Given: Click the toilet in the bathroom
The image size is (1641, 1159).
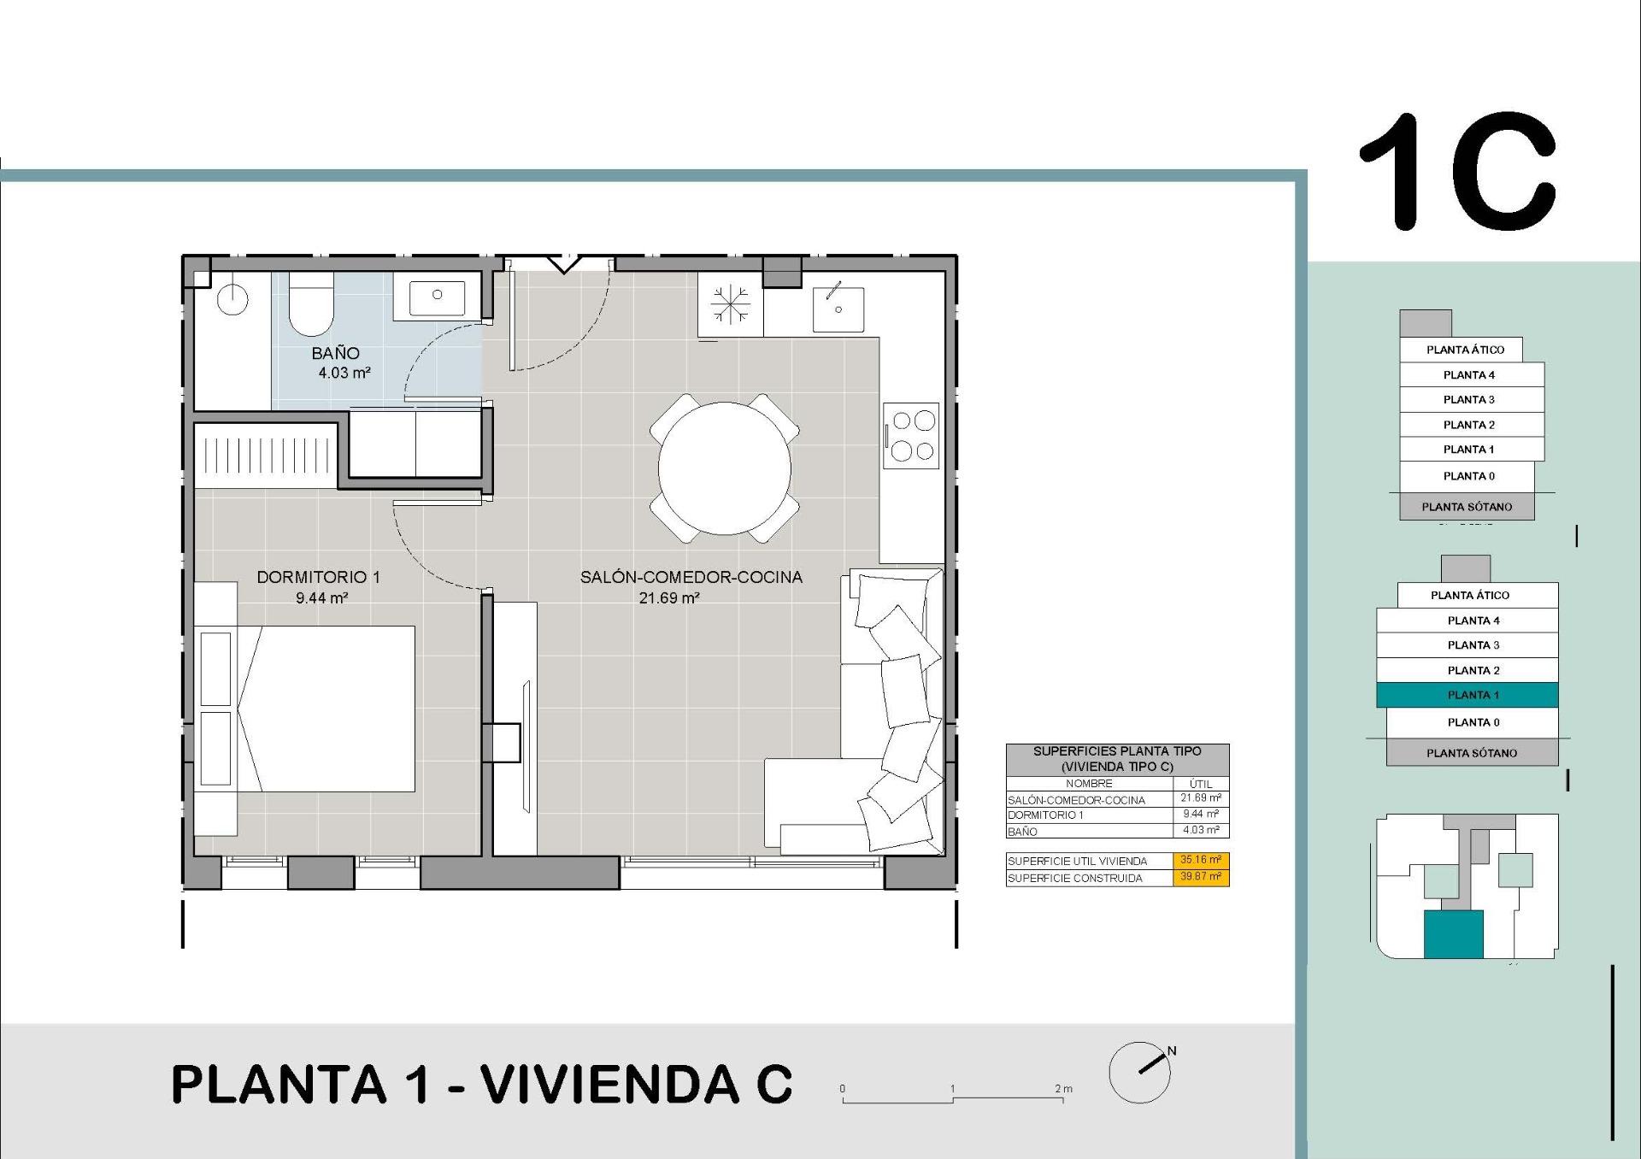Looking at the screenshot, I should click(310, 306).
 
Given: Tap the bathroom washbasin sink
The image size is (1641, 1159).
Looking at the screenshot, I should click(437, 296).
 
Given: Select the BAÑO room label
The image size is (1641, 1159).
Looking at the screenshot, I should click(335, 353).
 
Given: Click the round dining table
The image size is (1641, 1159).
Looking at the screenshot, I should click(724, 468).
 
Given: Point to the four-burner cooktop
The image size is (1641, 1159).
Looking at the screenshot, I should click(912, 435).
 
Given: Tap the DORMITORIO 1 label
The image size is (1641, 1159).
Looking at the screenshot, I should click(318, 577).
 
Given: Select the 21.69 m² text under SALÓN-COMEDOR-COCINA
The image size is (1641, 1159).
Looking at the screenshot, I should click(669, 598).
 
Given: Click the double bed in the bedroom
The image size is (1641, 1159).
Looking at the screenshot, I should click(325, 709).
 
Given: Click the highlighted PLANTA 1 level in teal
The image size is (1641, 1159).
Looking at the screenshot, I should click(1467, 695).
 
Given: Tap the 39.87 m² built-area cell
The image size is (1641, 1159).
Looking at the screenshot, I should click(1200, 877).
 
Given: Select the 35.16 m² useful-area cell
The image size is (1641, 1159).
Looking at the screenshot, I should click(1200, 860).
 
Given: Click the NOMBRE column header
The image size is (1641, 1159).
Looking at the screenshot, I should click(1089, 783).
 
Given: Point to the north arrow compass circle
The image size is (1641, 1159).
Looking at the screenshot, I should click(1139, 1073).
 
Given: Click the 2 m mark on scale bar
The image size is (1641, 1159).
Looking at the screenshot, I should click(1062, 1090).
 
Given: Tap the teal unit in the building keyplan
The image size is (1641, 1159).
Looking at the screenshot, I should click(1453, 933).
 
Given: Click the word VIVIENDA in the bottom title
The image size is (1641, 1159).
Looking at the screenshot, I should click(609, 1085).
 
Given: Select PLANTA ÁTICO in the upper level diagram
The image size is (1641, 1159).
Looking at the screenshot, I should click(1465, 350).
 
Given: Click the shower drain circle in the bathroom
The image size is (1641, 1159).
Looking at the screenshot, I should click(232, 300).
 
